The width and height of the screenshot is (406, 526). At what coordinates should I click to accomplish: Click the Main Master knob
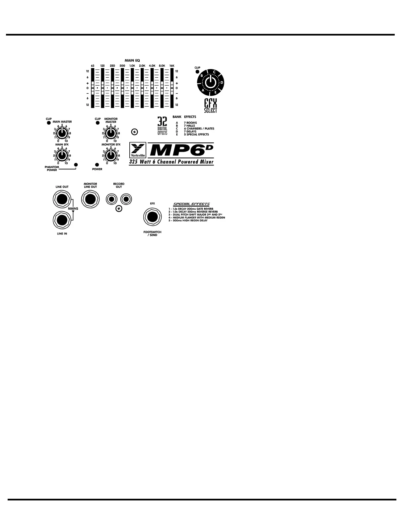[61, 133]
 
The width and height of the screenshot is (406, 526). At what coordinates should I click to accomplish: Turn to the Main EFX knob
[61, 155]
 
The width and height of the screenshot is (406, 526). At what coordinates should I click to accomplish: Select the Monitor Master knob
[110, 133]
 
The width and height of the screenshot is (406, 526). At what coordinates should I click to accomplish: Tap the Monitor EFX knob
[110, 155]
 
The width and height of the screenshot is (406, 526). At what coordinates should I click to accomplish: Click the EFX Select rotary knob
[210, 81]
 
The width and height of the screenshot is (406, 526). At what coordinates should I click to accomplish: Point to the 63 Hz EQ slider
[93, 88]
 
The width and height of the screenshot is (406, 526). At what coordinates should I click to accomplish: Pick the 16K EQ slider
[171, 88]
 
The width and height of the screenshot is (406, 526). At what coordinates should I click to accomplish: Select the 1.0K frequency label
[132, 66]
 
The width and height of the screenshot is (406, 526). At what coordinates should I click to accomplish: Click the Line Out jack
[62, 200]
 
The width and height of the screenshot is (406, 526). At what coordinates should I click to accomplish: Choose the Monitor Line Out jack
[90, 200]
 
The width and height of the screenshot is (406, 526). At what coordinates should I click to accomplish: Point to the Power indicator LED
[97, 165]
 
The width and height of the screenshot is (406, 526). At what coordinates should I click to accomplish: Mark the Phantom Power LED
[76, 165]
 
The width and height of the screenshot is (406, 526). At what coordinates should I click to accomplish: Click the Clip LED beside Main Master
[49, 123]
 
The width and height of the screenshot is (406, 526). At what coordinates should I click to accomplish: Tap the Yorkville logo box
[138, 150]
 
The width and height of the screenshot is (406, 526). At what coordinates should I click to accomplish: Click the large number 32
[162, 121]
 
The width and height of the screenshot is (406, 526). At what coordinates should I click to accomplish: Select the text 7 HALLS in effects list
[189, 126]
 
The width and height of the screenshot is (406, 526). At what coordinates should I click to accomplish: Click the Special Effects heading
[191, 204]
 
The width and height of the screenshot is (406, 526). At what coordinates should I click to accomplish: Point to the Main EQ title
[132, 60]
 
